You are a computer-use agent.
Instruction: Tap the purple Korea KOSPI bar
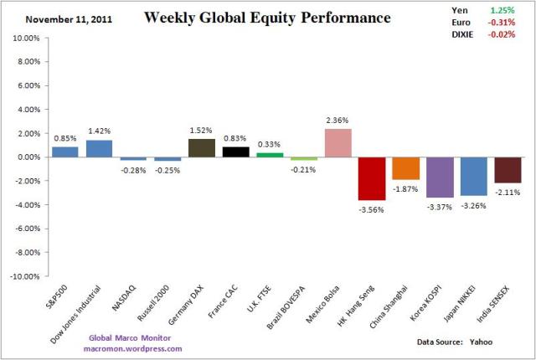click(440, 177)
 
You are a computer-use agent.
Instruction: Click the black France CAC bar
click(236, 152)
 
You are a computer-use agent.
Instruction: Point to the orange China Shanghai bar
click(405, 167)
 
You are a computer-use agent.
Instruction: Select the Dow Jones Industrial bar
click(100, 148)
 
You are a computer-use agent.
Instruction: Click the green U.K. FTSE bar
click(270, 154)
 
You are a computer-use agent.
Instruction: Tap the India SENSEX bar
click(508, 169)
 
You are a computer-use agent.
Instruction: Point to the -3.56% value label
click(372, 209)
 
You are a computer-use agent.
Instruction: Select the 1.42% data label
click(100, 131)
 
